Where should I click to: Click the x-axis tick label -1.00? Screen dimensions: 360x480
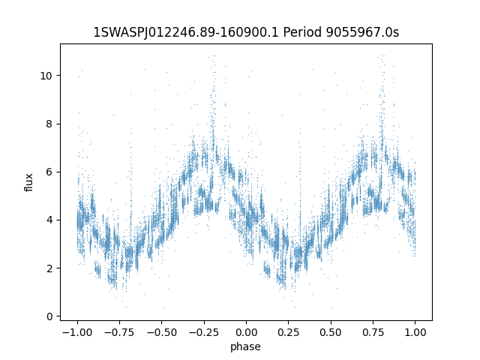tap(76, 332)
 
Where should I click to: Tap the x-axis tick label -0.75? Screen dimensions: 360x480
tap(118, 332)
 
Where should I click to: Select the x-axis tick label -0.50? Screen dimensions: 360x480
tap(160, 332)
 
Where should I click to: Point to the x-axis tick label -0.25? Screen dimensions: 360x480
tap(203, 332)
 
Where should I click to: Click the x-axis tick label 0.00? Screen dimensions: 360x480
tap(246, 332)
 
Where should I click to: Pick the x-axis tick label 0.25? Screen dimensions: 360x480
tap(289, 332)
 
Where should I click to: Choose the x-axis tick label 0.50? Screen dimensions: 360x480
tap(331, 332)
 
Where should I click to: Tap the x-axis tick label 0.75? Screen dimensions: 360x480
tap(373, 332)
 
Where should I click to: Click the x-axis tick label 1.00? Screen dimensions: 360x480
tap(415, 332)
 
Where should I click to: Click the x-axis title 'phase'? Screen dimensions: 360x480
tap(246, 346)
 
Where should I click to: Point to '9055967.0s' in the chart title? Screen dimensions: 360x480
tap(364, 32)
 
